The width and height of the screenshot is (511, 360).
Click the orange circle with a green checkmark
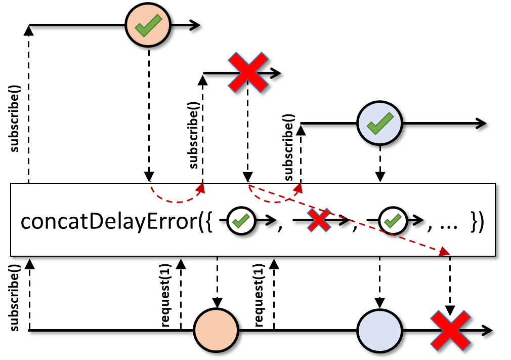148,25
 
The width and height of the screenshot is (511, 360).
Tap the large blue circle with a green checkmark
379,123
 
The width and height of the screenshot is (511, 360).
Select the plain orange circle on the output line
217,330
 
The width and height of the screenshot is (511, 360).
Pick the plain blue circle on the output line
380,331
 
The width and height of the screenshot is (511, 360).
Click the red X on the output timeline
450,331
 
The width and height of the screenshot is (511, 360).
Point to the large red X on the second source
248,72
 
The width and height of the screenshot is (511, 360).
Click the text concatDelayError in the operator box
109,221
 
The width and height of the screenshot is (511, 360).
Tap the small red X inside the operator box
319,220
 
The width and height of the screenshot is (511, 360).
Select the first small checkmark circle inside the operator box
241,221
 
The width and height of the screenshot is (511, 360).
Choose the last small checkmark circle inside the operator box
393,221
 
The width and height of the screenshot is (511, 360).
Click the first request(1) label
165,296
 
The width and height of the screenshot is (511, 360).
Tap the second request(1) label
259,296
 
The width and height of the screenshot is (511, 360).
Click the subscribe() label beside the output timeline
15,297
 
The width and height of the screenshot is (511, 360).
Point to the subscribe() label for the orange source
15,118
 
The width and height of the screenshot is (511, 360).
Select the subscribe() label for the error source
194,135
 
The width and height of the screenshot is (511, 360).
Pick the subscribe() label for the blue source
289,147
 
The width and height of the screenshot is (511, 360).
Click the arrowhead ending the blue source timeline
481,124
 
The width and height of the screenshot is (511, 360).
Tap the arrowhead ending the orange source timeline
195,25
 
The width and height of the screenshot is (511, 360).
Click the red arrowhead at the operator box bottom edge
445,252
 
